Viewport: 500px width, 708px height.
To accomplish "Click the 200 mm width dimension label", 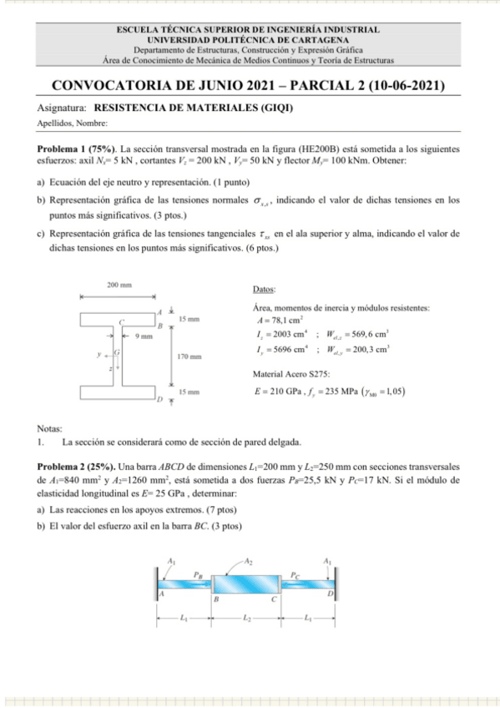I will pos(119,286).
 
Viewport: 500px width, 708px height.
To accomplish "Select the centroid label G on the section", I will pos(116,353).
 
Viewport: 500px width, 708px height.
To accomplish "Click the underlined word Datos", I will pos(263,290).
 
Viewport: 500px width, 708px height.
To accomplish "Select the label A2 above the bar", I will pos(248,561).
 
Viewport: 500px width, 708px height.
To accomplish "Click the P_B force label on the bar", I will pos(198,574).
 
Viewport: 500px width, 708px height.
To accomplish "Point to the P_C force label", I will pos(297,574).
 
